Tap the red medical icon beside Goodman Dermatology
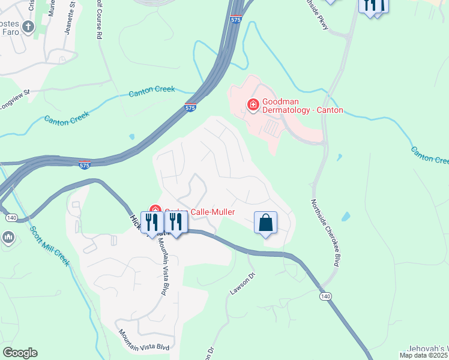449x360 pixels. click(x=253, y=106)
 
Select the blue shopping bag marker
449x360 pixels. click(x=265, y=223)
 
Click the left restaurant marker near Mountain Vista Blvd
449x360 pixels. click(x=151, y=223)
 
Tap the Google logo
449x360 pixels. click(x=20, y=352)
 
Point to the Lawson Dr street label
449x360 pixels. click(x=243, y=283)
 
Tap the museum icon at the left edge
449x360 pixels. click(x=8, y=238)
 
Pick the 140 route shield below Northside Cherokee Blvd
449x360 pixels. click(x=325, y=296)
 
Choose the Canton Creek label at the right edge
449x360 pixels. click(x=430, y=155)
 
